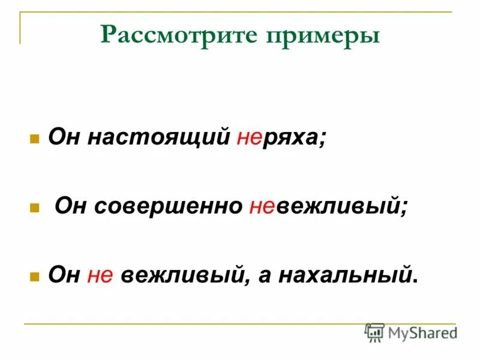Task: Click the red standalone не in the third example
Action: pyautogui.click(x=100, y=275)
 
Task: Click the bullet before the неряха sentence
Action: pyautogui.click(x=35, y=139)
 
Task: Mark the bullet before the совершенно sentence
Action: pyautogui.click(x=35, y=208)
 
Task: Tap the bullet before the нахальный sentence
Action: pyautogui.click(x=35, y=277)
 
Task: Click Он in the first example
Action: pyautogui.click(x=64, y=138)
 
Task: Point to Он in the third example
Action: pyautogui.click(x=64, y=275)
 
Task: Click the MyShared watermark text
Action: pyautogui.click(x=422, y=332)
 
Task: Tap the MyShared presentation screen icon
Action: pyautogui.click(x=374, y=332)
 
